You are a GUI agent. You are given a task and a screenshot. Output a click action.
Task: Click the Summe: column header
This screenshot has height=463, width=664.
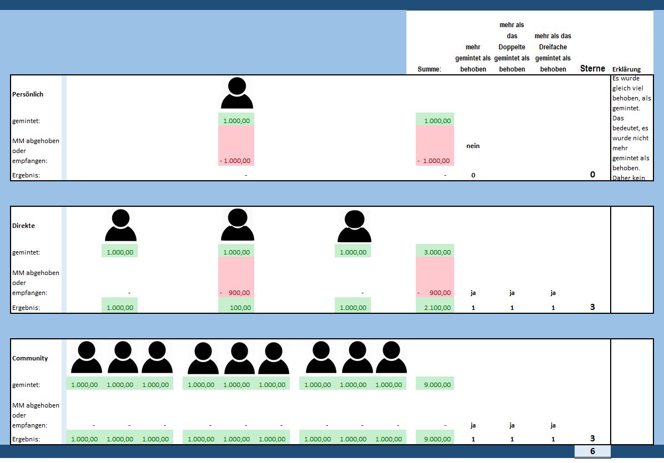pyautogui.click(x=429, y=69)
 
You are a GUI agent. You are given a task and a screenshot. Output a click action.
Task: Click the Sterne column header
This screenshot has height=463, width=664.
pyautogui.click(x=592, y=69)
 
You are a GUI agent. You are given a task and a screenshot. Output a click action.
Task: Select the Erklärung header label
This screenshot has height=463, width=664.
pyautogui.click(x=626, y=69)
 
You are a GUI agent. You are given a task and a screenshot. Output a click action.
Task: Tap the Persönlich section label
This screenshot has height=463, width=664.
pyautogui.click(x=28, y=94)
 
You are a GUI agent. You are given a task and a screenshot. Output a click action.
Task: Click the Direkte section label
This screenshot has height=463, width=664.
pyautogui.click(x=23, y=226)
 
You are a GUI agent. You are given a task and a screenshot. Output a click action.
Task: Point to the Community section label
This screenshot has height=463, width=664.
pyautogui.click(x=30, y=358)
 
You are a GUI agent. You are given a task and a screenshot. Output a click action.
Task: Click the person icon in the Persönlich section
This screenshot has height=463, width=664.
pyautogui.click(x=237, y=93)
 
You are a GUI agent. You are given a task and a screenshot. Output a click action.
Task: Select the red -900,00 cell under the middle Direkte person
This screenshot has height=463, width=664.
pyautogui.click(x=237, y=293)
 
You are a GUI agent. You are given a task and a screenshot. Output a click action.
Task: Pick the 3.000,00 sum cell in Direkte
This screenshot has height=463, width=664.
pyautogui.click(x=435, y=252)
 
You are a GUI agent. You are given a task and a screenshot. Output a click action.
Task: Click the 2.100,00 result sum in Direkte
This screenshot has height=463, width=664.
pyautogui.click(x=435, y=307)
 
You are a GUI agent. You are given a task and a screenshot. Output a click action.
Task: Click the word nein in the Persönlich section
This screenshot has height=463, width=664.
pyautogui.click(x=473, y=146)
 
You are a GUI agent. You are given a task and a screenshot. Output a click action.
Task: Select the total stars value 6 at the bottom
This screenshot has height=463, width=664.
pyautogui.click(x=592, y=451)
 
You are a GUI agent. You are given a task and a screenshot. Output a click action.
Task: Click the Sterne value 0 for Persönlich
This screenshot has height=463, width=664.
pyautogui.click(x=592, y=175)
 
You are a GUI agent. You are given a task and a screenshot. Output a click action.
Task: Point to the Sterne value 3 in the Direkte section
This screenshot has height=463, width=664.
pyautogui.click(x=592, y=307)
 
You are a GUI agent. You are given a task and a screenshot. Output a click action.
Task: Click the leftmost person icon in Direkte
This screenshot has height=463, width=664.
pyautogui.click(x=120, y=226)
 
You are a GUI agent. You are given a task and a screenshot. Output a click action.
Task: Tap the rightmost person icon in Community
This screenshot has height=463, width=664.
pyautogui.click(x=392, y=358)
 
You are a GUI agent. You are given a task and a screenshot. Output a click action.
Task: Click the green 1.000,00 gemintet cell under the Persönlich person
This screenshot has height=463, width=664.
pyautogui.click(x=237, y=120)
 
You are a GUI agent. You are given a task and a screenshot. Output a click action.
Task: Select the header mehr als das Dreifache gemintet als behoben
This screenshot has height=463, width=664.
pyautogui.click(x=553, y=53)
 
